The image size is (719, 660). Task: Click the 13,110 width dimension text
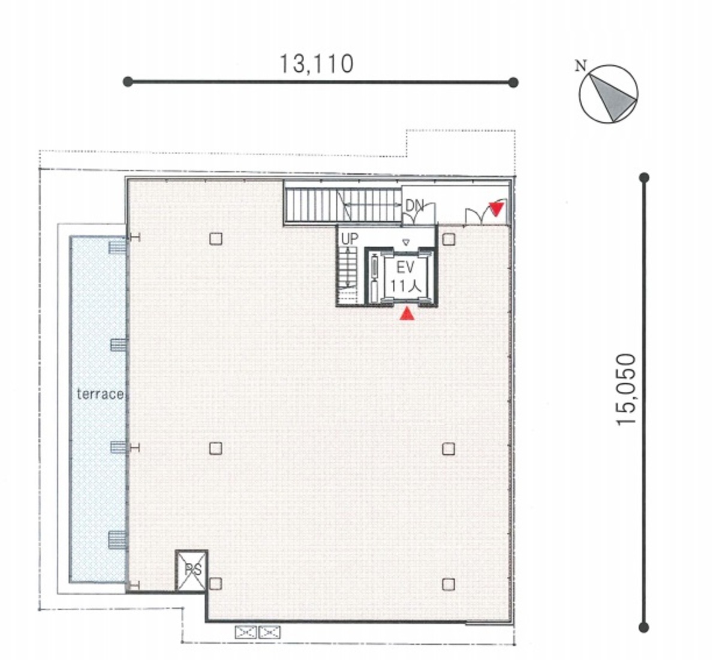coord(317,64)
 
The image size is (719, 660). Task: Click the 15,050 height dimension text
coord(627,389)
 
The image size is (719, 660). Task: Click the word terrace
coord(100,394)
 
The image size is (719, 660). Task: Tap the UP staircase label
coord(350,238)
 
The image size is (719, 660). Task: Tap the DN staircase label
coord(414,206)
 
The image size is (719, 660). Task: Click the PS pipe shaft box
coord(192,570)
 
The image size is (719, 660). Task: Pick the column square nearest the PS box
coord(215,583)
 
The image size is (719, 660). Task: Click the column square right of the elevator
coord(449,239)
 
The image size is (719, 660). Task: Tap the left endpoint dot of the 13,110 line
coord(128,82)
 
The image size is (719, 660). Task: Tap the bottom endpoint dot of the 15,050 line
coord(644,628)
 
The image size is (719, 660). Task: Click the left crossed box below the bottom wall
coord(245,632)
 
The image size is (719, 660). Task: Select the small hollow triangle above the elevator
coord(405,242)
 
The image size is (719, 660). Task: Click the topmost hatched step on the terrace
coord(118,247)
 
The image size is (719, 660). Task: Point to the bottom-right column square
coord(449,584)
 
